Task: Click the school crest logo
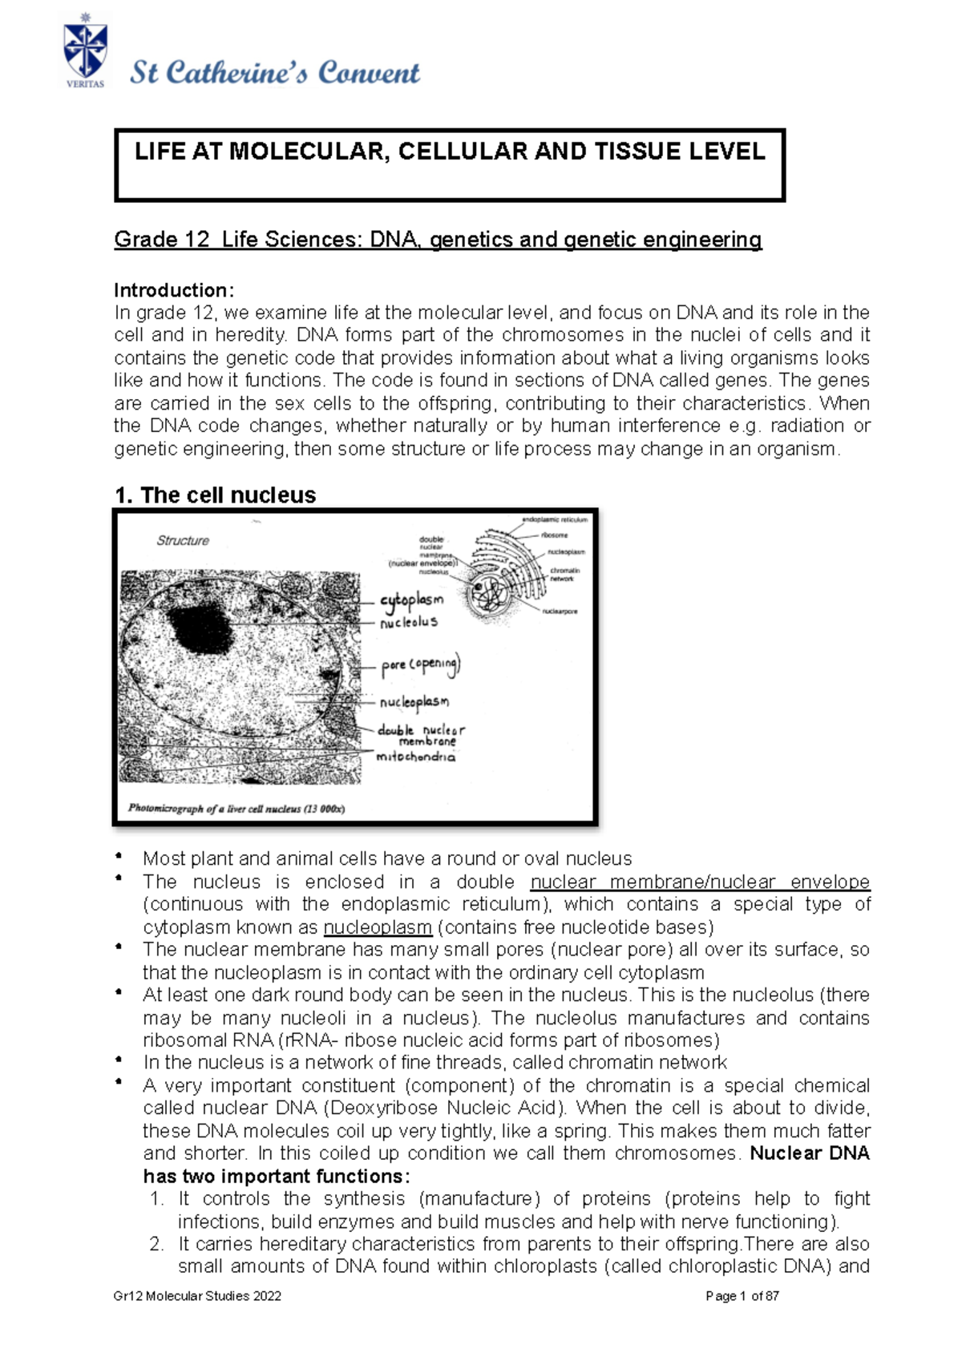(x=84, y=50)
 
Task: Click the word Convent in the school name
(x=368, y=73)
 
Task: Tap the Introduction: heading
(x=174, y=290)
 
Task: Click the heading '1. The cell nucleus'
(x=216, y=495)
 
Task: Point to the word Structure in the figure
(x=183, y=541)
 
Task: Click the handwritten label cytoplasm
(x=411, y=600)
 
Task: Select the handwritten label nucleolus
(x=409, y=622)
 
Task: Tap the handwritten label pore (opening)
(x=420, y=665)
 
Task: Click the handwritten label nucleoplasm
(x=414, y=702)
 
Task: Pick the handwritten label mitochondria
(x=415, y=757)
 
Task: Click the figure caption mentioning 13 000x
(x=236, y=809)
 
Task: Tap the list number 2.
(x=156, y=1244)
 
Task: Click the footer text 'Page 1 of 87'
(x=742, y=1296)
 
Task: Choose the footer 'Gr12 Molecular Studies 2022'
(x=197, y=1296)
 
